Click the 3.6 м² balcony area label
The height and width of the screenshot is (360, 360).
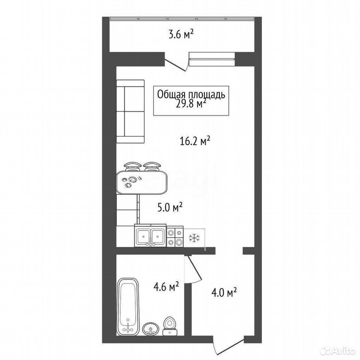(x=181, y=35)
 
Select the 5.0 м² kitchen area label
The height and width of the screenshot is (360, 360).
(x=170, y=208)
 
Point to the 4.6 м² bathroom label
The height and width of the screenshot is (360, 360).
(x=166, y=287)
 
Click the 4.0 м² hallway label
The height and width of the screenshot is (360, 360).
(x=224, y=293)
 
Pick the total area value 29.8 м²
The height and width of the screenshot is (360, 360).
(x=190, y=104)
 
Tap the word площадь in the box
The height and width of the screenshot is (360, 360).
(x=207, y=95)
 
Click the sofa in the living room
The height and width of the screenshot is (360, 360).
(x=130, y=112)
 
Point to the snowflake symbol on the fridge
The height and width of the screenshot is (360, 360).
(x=194, y=238)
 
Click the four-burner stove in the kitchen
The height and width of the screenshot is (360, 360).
(x=175, y=237)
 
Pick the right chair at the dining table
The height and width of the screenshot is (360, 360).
(x=151, y=166)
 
